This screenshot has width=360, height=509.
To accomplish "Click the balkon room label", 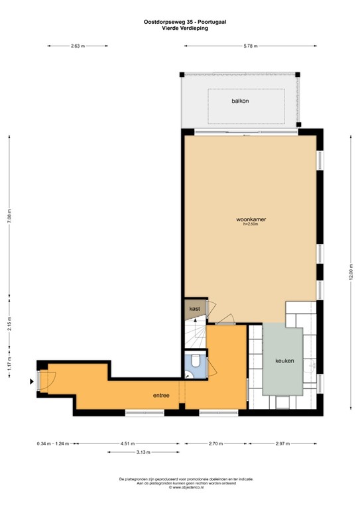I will pyautogui.click(x=240, y=101).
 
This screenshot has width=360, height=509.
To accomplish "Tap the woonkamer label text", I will pyautogui.click(x=251, y=219).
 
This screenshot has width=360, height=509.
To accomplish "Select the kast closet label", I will pyautogui.click(x=195, y=310).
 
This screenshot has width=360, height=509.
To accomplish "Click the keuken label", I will pyautogui.click(x=284, y=361).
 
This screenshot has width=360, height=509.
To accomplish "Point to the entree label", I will pyautogui.click(x=161, y=396).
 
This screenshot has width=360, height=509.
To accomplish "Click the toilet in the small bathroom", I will pyautogui.click(x=197, y=361).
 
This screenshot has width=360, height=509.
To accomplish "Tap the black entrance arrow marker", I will pyautogui.click(x=30, y=381).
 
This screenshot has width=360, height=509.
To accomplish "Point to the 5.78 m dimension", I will pyautogui.click(x=250, y=46).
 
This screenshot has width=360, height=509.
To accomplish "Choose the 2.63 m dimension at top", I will pyautogui.click(x=78, y=46).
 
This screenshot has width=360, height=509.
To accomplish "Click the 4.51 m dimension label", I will pyautogui.click(x=129, y=443).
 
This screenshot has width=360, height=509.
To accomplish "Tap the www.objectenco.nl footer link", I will pyautogui.click(x=179, y=487).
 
